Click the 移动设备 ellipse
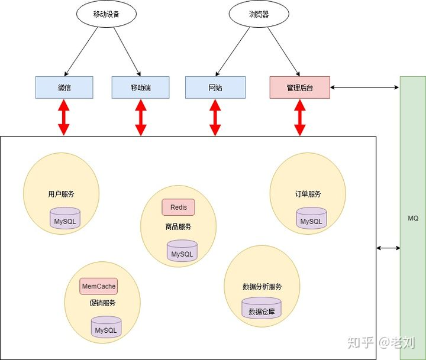point(106,14)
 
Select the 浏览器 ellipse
point(259,14)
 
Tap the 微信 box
point(64,87)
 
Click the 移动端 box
point(140,87)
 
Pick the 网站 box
point(215,87)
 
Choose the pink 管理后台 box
point(299,87)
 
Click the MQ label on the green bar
point(413,218)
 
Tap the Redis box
point(179,207)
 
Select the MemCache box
point(99,286)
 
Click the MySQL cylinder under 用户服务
point(65,218)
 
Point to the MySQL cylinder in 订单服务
point(311,218)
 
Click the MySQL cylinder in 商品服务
point(182,251)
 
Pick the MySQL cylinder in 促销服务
point(106,327)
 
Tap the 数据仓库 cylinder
point(262,308)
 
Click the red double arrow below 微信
point(64,117)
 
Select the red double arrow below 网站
point(215,117)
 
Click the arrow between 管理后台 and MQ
point(364,87)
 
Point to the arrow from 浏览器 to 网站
point(233,51)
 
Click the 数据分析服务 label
point(262,287)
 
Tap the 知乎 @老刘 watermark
point(381,343)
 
